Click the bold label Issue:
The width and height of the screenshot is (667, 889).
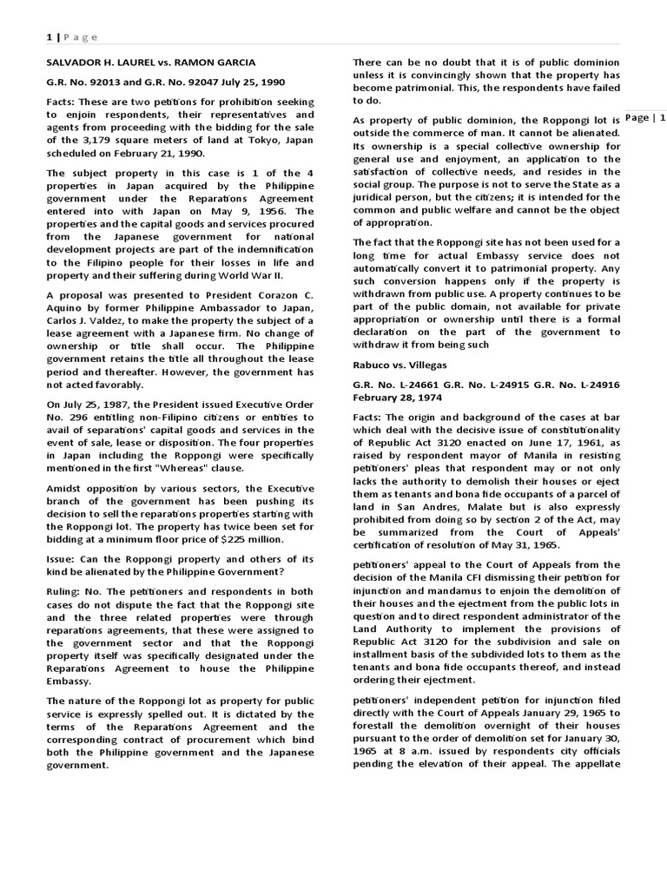click(x=63, y=559)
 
